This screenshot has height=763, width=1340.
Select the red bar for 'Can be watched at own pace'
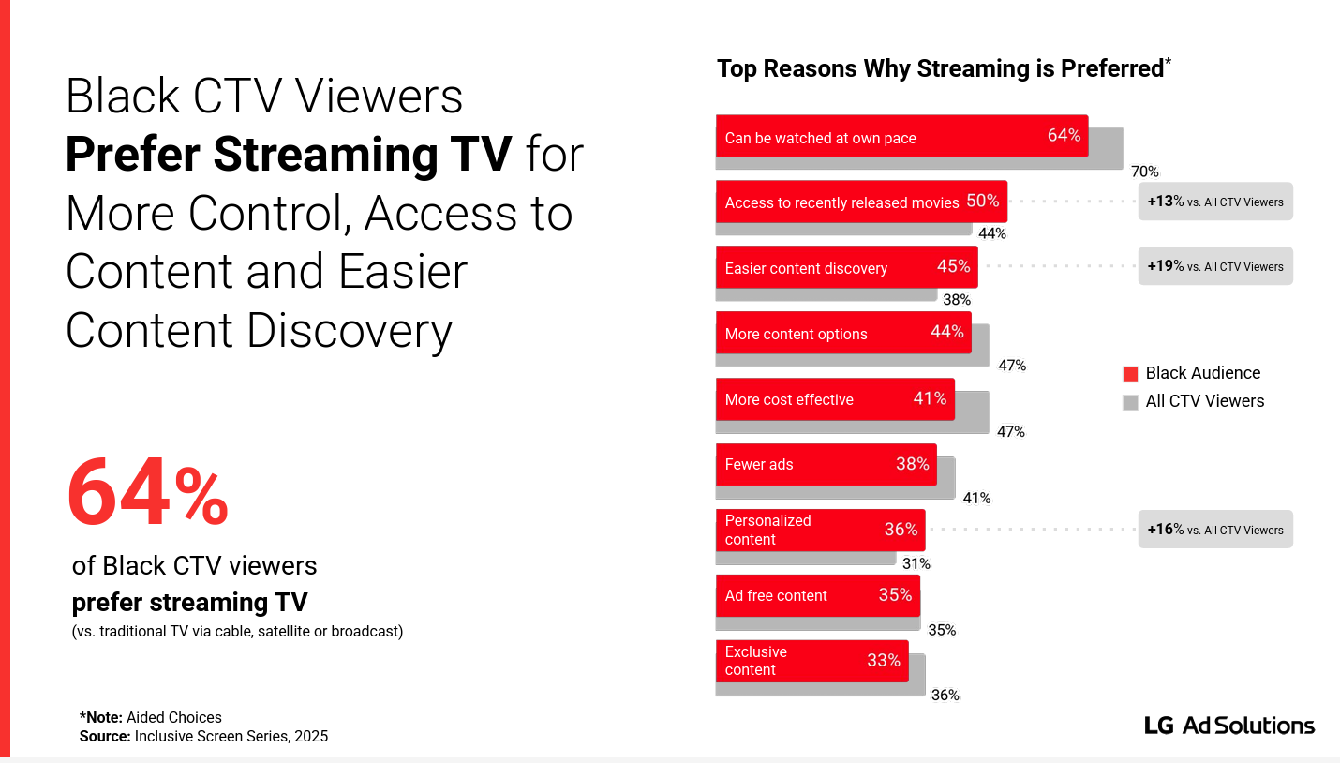[902, 136]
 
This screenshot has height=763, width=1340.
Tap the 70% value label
[1144, 172]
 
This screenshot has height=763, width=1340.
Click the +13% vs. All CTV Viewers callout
[1215, 202]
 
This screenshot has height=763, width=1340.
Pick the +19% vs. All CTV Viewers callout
[1215, 266]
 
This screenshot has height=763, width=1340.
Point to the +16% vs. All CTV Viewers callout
[1215, 529]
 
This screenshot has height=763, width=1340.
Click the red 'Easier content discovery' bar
[847, 267]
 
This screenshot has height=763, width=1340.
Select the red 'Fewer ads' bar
[826, 464]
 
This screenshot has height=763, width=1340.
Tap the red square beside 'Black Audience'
[1130, 374]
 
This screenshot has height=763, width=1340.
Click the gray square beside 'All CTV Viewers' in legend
[1130, 403]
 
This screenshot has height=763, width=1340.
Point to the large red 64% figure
[147, 492]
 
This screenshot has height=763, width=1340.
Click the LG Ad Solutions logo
[1229, 726]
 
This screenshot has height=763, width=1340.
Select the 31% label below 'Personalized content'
[916, 563]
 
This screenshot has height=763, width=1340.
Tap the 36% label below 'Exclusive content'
[945, 695]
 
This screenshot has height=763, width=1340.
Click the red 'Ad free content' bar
[818, 595]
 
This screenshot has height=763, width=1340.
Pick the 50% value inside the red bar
[983, 201]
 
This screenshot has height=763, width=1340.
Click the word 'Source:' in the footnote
[105, 736]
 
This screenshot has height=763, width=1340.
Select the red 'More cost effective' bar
[835, 398]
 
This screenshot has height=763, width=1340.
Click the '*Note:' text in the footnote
[100, 717]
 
